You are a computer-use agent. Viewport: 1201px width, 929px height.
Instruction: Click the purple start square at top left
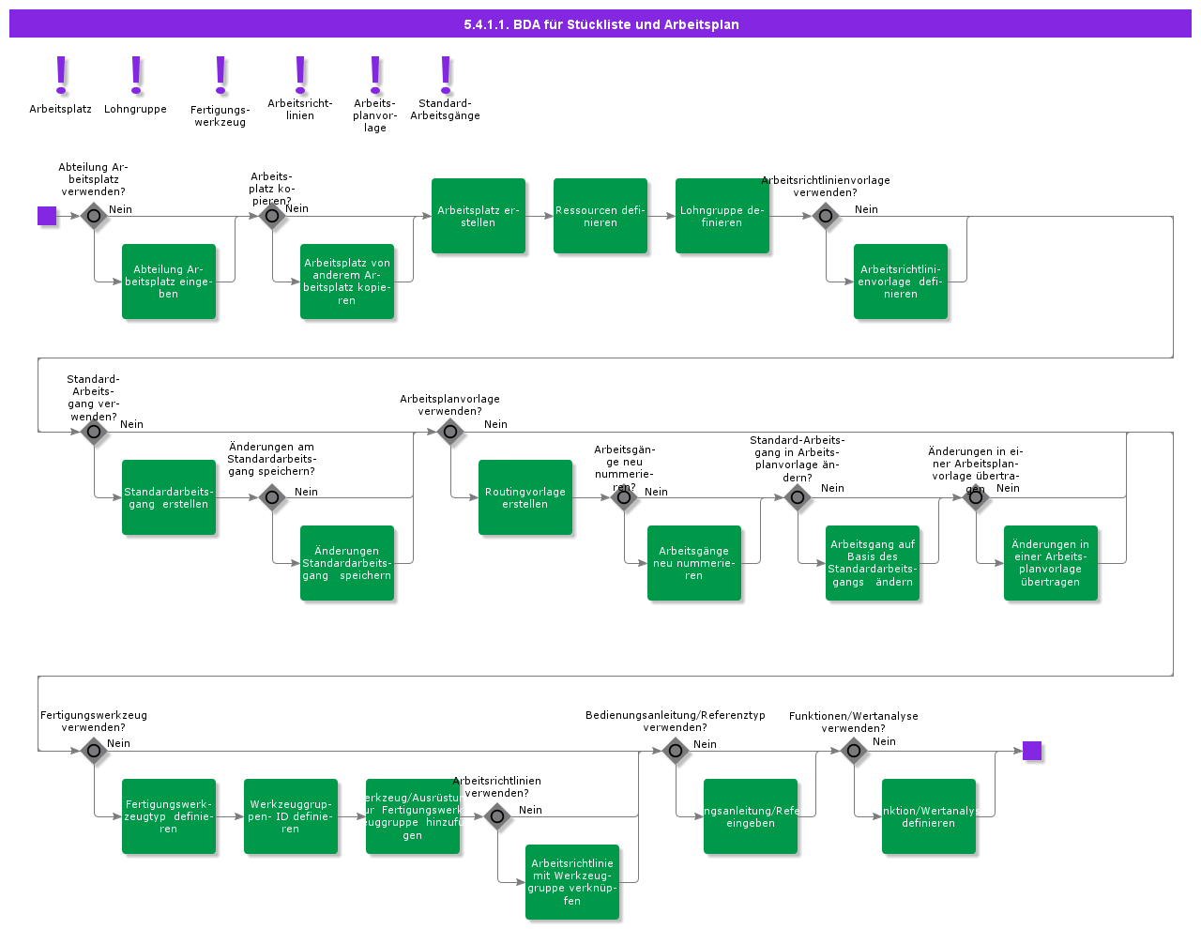pyautogui.click(x=47, y=216)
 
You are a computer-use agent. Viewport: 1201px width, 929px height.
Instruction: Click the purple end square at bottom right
pyautogui.click(x=1032, y=751)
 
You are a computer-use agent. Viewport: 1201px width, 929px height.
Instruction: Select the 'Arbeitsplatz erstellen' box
pyautogui.click(x=479, y=216)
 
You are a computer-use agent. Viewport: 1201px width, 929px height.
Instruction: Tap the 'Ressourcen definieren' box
pyautogui.click(x=600, y=216)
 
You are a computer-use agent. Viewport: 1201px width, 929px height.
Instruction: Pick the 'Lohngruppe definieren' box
pyautogui.click(x=722, y=216)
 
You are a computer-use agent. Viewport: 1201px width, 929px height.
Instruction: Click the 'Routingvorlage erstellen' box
pyautogui.click(x=525, y=497)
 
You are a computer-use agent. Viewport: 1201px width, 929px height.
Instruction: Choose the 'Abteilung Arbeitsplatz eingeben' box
pyautogui.click(x=169, y=282)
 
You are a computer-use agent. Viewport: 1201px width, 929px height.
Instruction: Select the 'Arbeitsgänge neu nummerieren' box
pyautogui.click(x=694, y=563)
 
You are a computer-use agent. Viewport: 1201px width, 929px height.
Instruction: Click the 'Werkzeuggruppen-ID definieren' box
pyautogui.click(x=291, y=816)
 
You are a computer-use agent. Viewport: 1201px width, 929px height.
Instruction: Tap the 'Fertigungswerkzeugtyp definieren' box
pyautogui.click(x=169, y=816)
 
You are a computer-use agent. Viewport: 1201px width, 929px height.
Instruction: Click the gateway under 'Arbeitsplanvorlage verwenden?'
pyautogui.click(x=450, y=432)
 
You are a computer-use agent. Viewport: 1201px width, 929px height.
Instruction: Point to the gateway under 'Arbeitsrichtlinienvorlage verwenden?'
pyautogui.click(x=826, y=216)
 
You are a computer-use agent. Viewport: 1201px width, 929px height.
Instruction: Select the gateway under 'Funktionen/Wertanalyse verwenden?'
pyautogui.click(x=854, y=751)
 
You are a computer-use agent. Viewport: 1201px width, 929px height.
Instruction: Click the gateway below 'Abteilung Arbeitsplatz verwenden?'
pyautogui.click(x=94, y=216)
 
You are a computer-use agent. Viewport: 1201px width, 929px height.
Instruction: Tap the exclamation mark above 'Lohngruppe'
pyautogui.click(x=136, y=75)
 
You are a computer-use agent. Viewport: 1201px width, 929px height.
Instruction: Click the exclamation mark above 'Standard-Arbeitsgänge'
pyautogui.click(x=446, y=75)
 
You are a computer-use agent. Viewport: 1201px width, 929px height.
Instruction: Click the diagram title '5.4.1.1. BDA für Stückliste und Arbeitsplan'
pyautogui.click(x=600, y=24)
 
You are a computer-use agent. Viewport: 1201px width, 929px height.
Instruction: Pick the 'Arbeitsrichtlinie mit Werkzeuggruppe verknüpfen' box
pyautogui.click(x=572, y=882)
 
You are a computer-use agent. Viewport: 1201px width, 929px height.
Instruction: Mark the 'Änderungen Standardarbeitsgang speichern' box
pyautogui.click(x=347, y=563)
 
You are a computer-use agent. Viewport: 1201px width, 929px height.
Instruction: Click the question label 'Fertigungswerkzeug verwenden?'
pyautogui.click(x=94, y=721)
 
